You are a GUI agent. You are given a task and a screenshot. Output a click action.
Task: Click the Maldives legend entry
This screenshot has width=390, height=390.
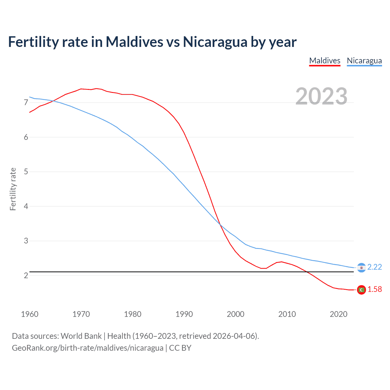pyautogui.click(x=324, y=61)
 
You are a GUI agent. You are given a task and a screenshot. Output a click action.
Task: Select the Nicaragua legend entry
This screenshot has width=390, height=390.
pyautogui.click(x=364, y=61)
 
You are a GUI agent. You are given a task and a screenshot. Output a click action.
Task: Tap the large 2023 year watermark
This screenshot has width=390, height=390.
pyautogui.click(x=321, y=96)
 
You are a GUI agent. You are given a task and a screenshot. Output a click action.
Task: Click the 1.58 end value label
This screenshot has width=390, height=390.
pyautogui.click(x=374, y=289)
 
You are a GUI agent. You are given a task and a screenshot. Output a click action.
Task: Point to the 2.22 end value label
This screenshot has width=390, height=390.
pyautogui.click(x=374, y=267)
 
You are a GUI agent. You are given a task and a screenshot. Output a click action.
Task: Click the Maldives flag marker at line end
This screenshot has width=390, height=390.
pyautogui.click(x=361, y=290)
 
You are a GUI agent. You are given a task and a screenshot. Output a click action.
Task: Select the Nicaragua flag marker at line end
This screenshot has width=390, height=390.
pyautogui.click(x=361, y=268)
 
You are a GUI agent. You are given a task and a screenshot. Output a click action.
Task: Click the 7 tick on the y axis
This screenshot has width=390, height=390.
pyautogui.click(x=26, y=103)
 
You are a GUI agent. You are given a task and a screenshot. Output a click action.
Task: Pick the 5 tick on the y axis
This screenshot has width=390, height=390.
pyautogui.click(x=26, y=172)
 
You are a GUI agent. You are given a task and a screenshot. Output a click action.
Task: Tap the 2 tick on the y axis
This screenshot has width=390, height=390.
pyautogui.click(x=26, y=276)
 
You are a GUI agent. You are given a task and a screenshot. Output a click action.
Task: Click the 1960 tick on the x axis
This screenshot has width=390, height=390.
pyautogui.click(x=30, y=314)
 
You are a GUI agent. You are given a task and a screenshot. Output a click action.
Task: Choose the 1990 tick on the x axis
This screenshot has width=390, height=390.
pyautogui.click(x=184, y=314)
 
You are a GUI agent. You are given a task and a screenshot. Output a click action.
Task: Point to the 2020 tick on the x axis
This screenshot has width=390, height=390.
pyautogui.click(x=339, y=314)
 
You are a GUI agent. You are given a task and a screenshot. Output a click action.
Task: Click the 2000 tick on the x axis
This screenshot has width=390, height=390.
pyautogui.click(x=236, y=314)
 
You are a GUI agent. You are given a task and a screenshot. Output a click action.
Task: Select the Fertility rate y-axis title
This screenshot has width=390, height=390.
pyautogui.click(x=13, y=189)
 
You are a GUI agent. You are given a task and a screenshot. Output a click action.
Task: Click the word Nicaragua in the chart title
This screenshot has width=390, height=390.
pyautogui.click(x=215, y=42)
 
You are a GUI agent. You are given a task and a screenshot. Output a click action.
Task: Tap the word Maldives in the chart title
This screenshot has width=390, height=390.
pyautogui.click(x=134, y=42)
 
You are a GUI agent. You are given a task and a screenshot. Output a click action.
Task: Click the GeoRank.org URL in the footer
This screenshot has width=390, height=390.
pyautogui.click(x=87, y=348)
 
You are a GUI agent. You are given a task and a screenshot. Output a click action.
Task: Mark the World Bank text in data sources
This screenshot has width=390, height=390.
pyautogui.click(x=81, y=336)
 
